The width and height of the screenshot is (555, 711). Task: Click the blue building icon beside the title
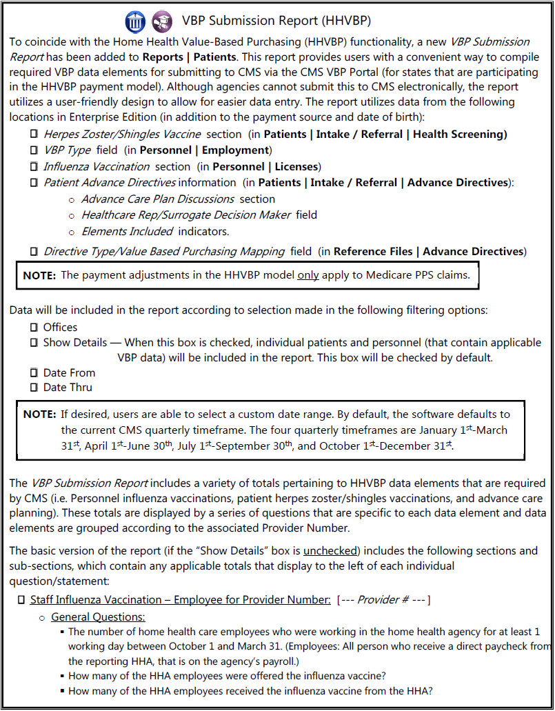point(136,21)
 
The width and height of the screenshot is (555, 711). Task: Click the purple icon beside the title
point(162,21)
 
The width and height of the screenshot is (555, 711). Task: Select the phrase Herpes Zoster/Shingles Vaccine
point(122,134)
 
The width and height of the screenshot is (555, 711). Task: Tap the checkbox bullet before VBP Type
point(33,150)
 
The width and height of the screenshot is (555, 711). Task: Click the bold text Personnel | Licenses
point(265,166)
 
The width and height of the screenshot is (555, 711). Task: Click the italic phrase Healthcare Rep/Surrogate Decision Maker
point(186,214)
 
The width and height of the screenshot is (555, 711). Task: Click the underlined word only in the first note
point(307,275)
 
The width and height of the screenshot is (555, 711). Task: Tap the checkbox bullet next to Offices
point(33,328)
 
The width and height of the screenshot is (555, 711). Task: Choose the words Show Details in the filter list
point(75,343)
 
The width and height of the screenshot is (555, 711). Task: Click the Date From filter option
point(69,373)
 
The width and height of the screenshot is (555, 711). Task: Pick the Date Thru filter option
point(68,388)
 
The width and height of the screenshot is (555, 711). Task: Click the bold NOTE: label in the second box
point(39,414)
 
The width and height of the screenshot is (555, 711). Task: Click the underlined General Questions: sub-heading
point(98,617)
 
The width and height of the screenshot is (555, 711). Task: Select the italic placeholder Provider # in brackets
point(383,600)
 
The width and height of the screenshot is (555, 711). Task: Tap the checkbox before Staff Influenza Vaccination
point(21,600)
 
